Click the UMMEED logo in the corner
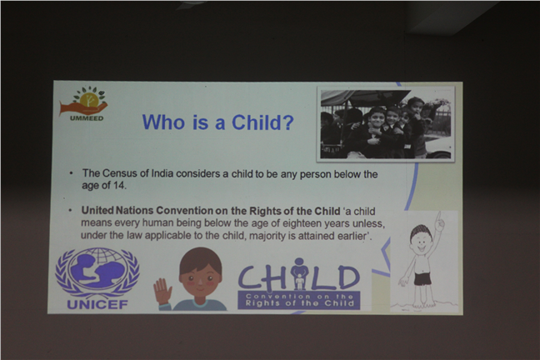[83, 103]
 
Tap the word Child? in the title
[262, 122]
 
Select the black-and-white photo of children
[386, 124]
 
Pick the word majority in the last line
[262, 237]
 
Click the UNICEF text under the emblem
[97, 304]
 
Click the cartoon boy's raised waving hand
[162, 292]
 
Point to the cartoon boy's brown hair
[201, 259]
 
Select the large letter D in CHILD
[349, 277]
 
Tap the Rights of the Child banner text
[299, 303]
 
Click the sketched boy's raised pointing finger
[438, 217]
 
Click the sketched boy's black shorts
[422, 279]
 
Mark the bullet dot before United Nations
[71, 210]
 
